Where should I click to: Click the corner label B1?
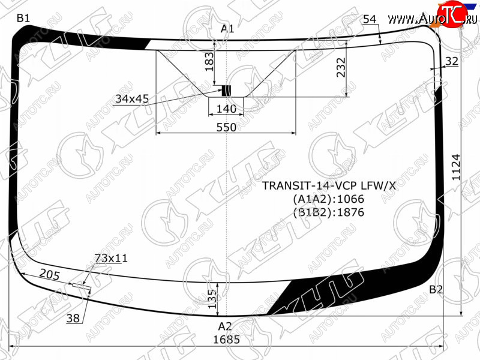point(23,18)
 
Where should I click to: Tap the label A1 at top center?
point(227,28)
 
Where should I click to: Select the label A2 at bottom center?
point(225,326)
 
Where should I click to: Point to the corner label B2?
point(436,289)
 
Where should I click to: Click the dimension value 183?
point(209,62)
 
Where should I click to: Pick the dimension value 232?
point(341,67)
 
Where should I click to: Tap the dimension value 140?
point(227,109)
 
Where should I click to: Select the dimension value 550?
point(227,127)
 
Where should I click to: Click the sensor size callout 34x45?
point(132,98)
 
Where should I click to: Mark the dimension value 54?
point(370,19)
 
